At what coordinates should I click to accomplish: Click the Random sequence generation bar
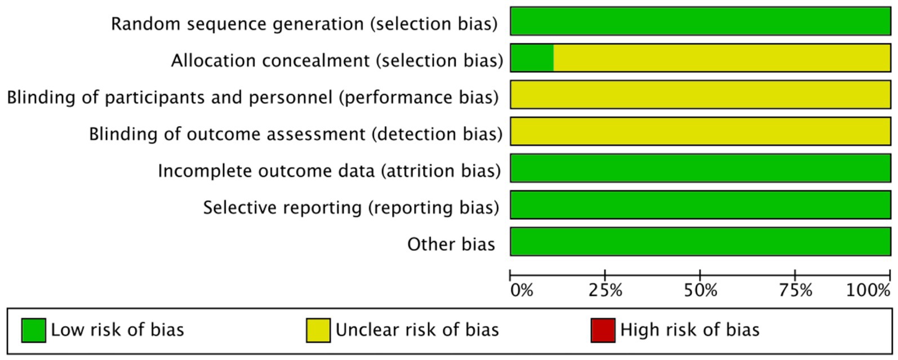700,21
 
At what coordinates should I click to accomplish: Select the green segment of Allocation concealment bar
532,57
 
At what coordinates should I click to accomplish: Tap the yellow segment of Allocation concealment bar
722,57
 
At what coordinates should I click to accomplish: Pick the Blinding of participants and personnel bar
700,95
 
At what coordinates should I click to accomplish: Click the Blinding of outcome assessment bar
700,131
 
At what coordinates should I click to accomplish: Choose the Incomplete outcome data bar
700,168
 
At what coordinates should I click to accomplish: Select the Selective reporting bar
700,205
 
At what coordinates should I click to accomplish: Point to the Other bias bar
700,241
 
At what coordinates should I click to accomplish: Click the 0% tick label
522,290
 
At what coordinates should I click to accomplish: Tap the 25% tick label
606,290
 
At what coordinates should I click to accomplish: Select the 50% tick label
700,290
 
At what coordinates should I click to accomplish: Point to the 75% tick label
795,290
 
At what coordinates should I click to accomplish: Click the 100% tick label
868,290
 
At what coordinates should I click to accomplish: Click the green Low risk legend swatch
34,330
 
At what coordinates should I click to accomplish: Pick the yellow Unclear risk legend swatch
318,330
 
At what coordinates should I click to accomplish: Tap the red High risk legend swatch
603,330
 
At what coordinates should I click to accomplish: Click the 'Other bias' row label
451,244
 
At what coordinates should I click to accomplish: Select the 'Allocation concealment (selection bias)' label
337,61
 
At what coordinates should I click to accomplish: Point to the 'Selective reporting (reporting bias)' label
351,208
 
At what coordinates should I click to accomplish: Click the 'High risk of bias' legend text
690,330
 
